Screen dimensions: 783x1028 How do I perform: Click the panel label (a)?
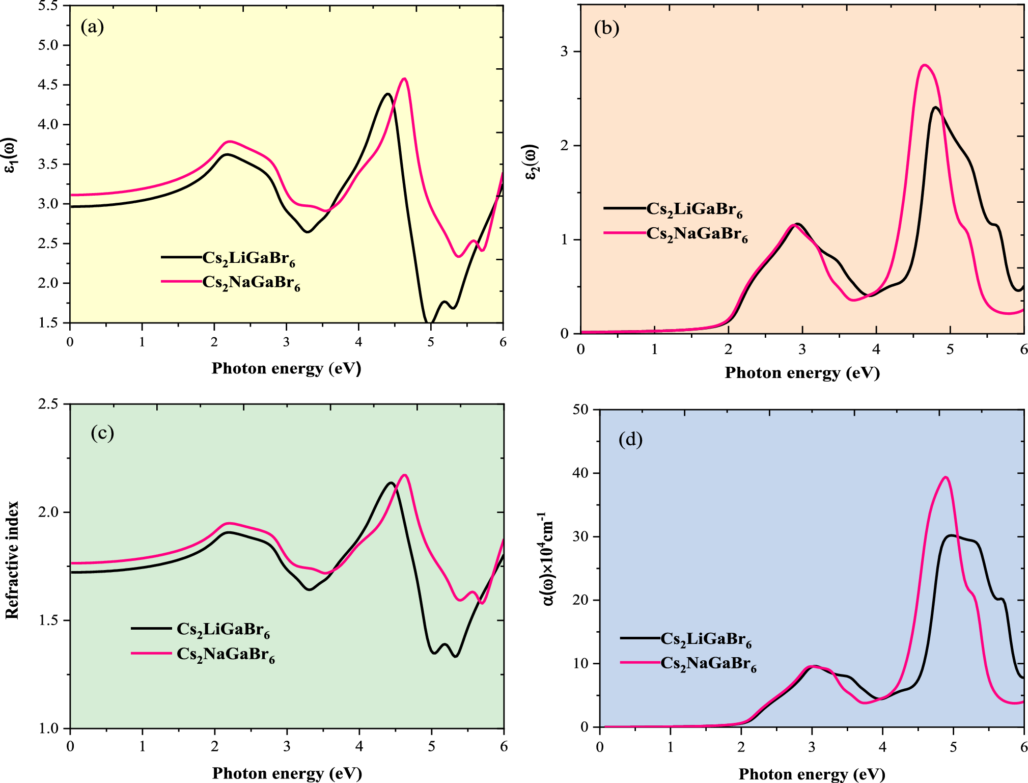[x=92, y=26]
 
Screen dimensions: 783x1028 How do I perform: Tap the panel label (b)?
[x=606, y=28]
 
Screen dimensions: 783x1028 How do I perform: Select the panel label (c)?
[x=102, y=433]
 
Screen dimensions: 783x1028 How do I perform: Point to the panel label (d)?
[x=630, y=439]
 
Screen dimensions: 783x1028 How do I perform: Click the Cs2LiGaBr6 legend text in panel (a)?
[x=248, y=258]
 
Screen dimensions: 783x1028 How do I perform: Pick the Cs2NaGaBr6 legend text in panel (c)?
[x=226, y=654]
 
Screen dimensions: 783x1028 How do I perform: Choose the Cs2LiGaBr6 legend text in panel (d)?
[x=706, y=639]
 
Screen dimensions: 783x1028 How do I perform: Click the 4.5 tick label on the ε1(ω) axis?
[x=48, y=85]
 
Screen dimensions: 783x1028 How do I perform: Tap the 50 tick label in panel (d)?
[x=580, y=410]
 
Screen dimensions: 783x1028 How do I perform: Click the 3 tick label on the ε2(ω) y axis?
[x=564, y=52]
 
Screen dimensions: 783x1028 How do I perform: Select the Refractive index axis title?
[x=12, y=560]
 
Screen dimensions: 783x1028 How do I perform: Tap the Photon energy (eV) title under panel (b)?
[x=802, y=373]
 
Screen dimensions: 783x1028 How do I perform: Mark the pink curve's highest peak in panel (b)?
[x=924, y=65]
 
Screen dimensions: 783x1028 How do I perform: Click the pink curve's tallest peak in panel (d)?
[x=946, y=477]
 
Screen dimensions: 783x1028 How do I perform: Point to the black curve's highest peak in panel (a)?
[x=387, y=94]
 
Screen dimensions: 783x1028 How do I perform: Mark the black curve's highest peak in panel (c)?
[x=391, y=482]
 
